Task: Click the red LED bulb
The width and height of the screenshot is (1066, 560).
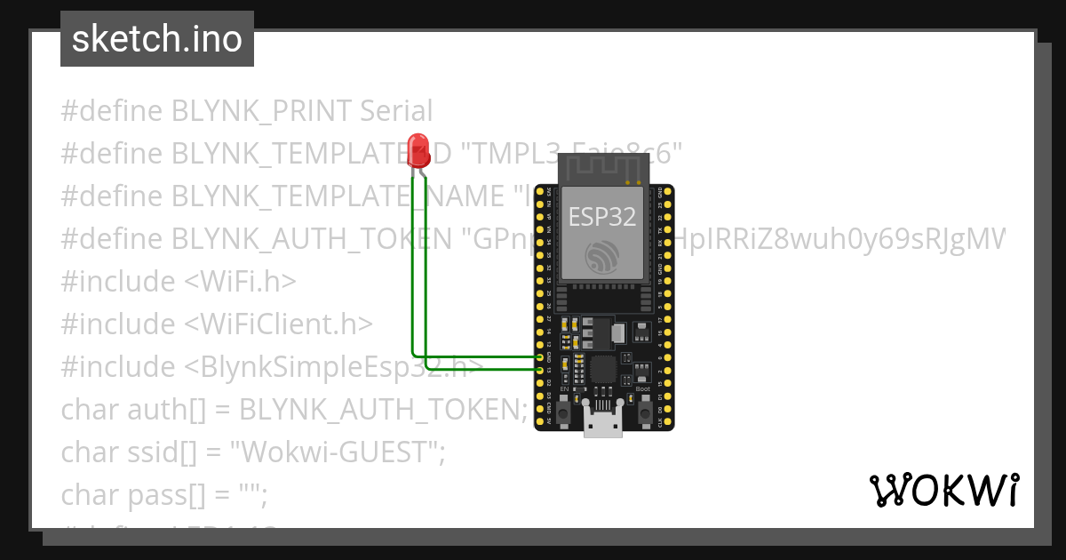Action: tap(418, 148)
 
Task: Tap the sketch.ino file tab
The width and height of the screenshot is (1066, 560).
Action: tap(157, 39)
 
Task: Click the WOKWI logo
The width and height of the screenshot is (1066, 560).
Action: tap(943, 490)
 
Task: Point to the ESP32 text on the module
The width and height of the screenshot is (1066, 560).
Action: tap(602, 216)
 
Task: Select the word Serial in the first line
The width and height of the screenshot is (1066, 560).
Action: tap(396, 111)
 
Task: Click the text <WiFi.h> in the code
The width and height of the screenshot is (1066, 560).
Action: tap(240, 282)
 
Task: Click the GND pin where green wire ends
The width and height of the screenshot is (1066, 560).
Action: tap(541, 357)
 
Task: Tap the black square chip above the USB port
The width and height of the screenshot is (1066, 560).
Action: tap(603, 369)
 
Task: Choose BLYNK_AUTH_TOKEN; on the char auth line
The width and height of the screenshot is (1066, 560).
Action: tap(384, 410)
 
